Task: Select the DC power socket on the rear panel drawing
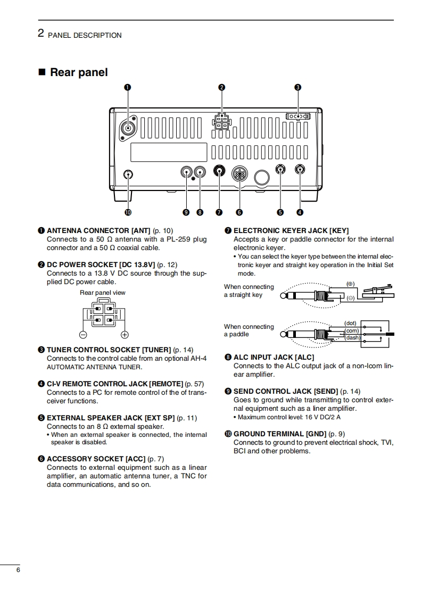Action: point(221,121)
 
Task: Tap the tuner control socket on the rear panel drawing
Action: point(297,116)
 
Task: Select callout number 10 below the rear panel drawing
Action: point(128,212)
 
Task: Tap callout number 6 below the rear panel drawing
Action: point(239,212)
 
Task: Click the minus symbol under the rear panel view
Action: point(83,335)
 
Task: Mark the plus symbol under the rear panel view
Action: point(125,335)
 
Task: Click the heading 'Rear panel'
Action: point(78,72)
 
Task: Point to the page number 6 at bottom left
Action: point(18,570)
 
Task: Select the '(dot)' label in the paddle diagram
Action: point(350,323)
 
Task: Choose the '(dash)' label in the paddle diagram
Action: point(352,337)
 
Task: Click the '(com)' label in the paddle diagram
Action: point(352,330)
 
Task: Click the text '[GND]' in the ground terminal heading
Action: point(317,434)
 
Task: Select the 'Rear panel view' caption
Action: point(103,293)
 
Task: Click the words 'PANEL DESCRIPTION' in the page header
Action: point(85,35)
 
